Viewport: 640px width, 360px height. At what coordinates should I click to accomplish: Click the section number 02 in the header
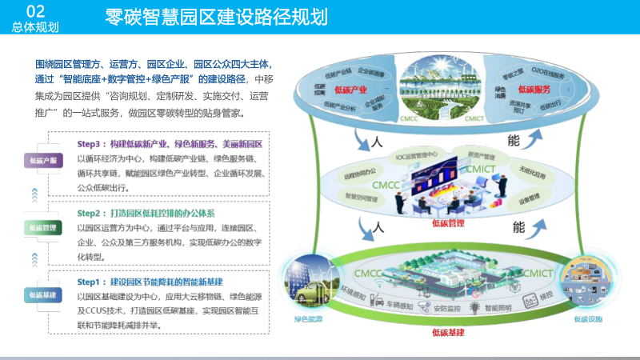(34, 10)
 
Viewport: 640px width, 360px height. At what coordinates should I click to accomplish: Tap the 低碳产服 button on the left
(42, 160)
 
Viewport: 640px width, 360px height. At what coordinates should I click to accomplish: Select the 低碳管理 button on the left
(42, 227)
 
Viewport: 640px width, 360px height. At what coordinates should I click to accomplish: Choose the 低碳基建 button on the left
(42, 294)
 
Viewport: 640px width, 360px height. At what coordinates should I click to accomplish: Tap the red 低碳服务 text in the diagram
(534, 89)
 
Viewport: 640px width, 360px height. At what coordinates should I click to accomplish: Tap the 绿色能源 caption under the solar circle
(308, 319)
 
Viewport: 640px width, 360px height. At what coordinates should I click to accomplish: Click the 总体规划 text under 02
(35, 27)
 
